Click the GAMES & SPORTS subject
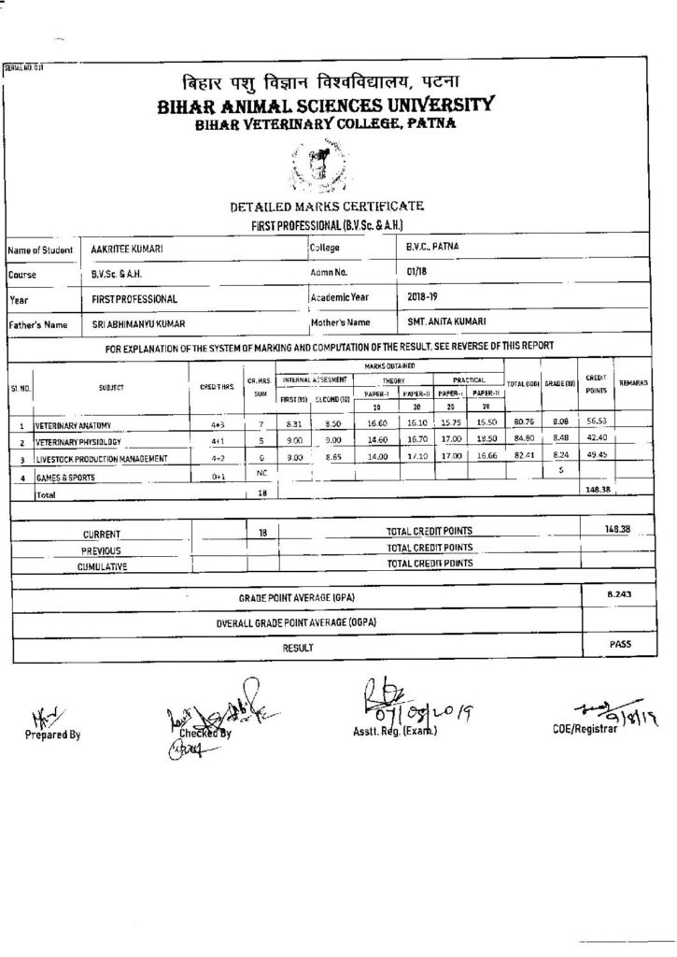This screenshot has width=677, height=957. click(66, 478)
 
